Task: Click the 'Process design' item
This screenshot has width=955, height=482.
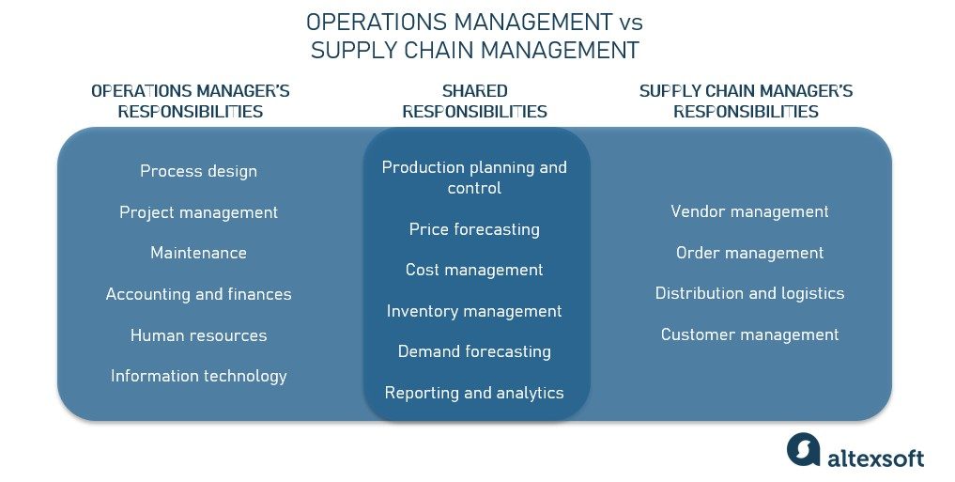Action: pyautogui.click(x=198, y=171)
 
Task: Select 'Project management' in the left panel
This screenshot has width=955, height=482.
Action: pyautogui.click(x=198, y=212)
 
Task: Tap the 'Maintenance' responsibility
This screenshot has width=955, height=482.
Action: pyautogui.click(x=198, y=253)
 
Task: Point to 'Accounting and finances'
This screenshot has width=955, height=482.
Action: pyautogui.click(x=198, y=294)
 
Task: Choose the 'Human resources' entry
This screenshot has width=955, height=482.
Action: pyautogui.click(x=198, y=335)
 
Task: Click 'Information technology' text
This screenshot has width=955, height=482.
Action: pyautogui.click(x=198, y=376)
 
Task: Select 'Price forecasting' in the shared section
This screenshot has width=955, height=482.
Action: pyautogui.click(x=474, y=229)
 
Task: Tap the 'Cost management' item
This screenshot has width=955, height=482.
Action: pyautogui.click(x=474, y=270)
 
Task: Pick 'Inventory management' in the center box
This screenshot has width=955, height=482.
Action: pyautogui.click(x=474, y=311)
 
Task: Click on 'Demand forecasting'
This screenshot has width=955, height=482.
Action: pyautogui.click(x=474, y=351)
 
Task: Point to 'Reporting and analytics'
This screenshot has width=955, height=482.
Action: pyautogui.click(x=474, y=393)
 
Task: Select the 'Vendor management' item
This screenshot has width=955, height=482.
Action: pyautogui.click(x=749, y=211)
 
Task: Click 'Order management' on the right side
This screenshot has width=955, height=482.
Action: pyautogui.click(x=749, y=253)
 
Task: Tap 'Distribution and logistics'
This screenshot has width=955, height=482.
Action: pyautogui.click(x=749, y=293)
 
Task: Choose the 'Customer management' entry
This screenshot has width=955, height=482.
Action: pyautogui.click(x=749, y=334)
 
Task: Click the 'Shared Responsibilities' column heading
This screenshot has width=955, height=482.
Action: pyautogui.click(x=474, y=101)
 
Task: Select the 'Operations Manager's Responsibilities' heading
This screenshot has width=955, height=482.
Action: pyautogui.click(x=190, y=101)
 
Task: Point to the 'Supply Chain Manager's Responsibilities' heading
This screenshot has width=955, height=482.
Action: pyautogui.click(x=746, y=101)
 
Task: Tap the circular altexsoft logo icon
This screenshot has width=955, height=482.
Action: pyautogui.click(x=804, y=449)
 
